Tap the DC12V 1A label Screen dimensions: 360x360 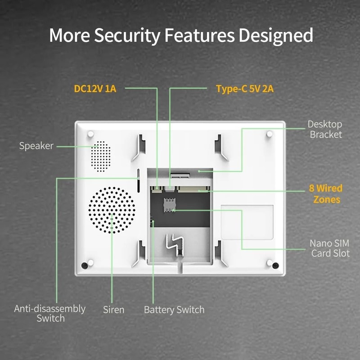[95, 89]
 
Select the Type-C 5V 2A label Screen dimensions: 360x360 [245, 89]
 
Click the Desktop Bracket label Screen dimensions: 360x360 [325, 129]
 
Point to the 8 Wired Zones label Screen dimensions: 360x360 [325, 194]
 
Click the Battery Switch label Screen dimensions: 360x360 [174, 310]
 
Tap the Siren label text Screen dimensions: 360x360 [113, 310]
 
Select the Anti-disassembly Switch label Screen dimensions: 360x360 [50, 313]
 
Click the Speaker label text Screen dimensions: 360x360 [36, 146]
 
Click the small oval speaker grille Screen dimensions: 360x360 [100, 156]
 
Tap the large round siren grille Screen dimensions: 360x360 [112, 210]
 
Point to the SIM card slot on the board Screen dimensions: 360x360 [170, 205]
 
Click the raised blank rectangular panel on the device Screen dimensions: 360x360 [247, 222]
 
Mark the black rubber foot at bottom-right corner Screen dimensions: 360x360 [275, 265]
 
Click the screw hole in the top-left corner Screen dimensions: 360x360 [90, 134]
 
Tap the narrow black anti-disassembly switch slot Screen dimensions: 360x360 [138, 180]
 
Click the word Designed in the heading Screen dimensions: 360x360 [276, 35]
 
